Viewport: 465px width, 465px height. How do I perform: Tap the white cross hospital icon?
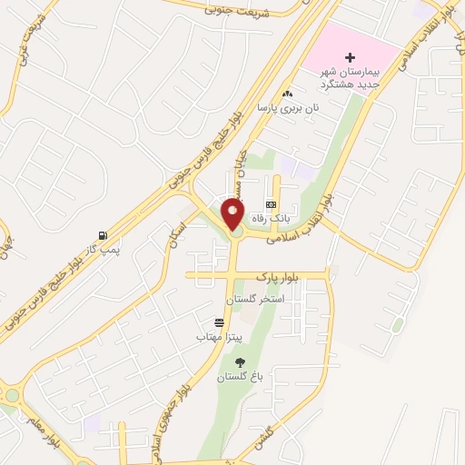[325, 57]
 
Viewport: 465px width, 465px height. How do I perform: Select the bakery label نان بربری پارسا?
[290, 108]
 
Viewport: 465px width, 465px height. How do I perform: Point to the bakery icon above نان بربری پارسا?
[288, 94]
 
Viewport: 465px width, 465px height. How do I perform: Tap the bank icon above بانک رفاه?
[270, 205]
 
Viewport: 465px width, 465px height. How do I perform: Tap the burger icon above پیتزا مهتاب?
[218, 323]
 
